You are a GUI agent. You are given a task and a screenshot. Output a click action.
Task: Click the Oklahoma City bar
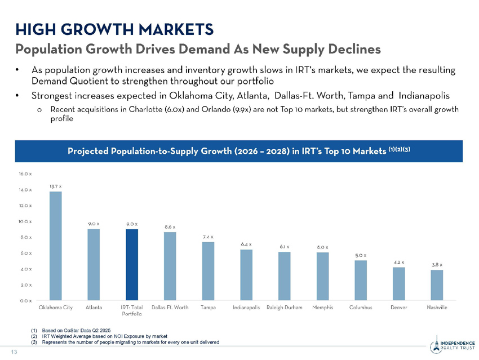[x=56, y=246]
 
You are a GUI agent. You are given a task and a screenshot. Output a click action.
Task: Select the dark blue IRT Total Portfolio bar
[x=132, y=264]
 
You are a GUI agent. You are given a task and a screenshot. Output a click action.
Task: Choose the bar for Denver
[x=398, y=283]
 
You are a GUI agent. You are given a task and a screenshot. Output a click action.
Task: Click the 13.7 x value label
[x=56, y=185]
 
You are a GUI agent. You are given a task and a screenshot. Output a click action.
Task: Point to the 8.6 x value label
[x=170, y=226]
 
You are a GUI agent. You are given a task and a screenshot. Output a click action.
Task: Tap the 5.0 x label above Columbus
[x=361, y=255]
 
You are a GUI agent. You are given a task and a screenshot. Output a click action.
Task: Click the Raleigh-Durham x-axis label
[x=284, y=308]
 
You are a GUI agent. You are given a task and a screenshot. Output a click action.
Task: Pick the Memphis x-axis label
[x=322, y=308]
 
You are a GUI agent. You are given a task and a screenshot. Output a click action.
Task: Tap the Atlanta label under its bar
[x=94, y=308]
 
